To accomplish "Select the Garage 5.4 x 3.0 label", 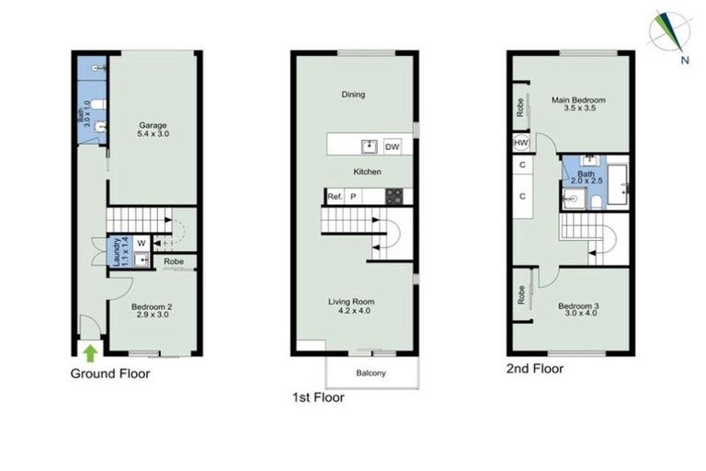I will [154, 129].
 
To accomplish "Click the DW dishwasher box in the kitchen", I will [392, 146].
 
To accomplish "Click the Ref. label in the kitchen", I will [336, 196].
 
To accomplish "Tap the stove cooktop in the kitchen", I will [393, 196].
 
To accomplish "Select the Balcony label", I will [371, 373].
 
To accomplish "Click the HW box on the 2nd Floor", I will [521, 143].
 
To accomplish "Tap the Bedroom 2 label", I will [151, 309].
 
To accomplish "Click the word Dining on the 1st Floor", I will [353, 94].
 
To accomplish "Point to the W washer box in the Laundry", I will [141, 243].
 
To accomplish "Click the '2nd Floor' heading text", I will [536, 369].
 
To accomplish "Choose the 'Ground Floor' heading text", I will [110, 373].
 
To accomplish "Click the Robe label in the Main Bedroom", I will [520, 109].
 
